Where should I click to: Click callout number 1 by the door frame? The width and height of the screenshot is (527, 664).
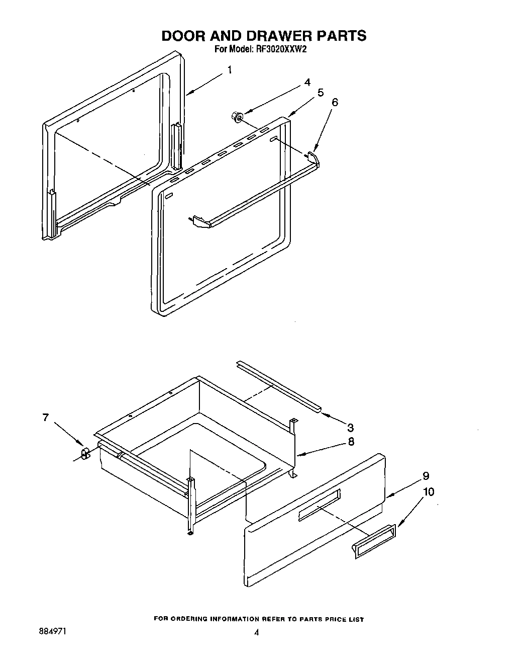230,69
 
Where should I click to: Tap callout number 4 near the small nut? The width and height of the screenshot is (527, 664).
307,82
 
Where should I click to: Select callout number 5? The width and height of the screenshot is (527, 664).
320,93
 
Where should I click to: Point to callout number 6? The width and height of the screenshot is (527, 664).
335,102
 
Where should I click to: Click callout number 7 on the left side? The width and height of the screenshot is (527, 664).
46,417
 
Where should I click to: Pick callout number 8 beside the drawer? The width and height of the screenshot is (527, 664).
351,442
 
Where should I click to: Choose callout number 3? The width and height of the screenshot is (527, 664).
350,428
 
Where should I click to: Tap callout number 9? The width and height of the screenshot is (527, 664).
426,475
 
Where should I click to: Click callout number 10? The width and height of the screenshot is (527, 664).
429,491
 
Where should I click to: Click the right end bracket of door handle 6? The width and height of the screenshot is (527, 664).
314,155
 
